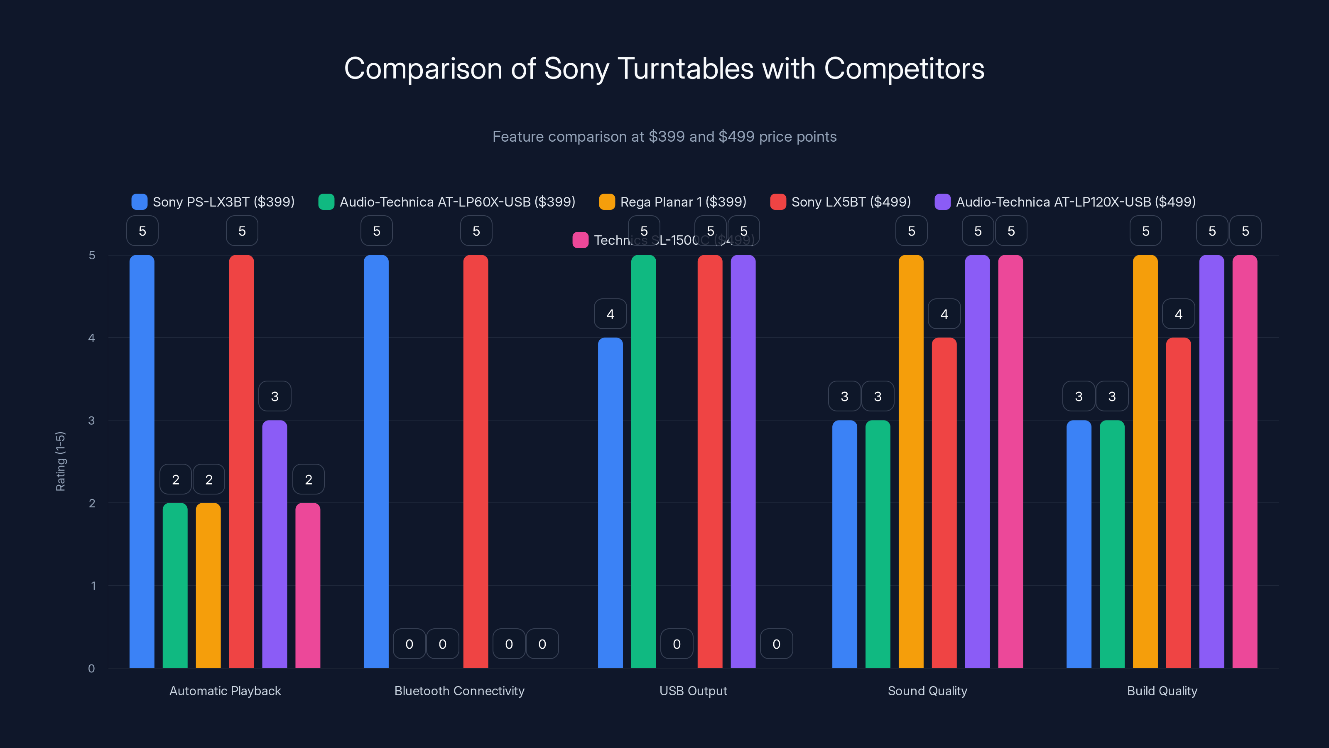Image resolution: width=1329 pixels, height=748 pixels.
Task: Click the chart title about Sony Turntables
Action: tap(664, 69)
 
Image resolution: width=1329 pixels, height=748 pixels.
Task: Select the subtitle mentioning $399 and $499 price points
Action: tap(664, 137)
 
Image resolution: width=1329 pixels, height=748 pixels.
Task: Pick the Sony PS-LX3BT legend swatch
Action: tap(139, 202)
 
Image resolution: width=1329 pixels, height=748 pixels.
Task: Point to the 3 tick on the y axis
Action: tap(92, 421)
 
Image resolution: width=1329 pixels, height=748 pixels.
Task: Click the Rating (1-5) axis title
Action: tap(60, 461)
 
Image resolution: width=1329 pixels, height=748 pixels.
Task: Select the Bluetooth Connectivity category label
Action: tap(459, 691)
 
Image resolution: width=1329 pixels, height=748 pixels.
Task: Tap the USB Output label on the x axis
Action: tap(693, 691)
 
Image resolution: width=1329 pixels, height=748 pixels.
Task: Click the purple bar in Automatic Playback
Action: tap(275, 545)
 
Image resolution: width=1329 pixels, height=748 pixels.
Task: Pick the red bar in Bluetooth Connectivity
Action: tap(476, 462)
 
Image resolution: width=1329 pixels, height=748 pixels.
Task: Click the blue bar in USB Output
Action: tap(611, 503)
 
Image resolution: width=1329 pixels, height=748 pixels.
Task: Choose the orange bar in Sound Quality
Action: tap(911, 462)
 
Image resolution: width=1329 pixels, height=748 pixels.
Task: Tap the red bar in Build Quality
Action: tap(1178, 503)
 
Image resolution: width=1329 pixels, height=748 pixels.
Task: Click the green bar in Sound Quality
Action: tap(878, 545)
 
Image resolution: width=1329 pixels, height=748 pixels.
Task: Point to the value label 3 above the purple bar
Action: tap(275, 396)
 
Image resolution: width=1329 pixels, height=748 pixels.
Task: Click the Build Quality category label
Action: tap(1162, 691)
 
